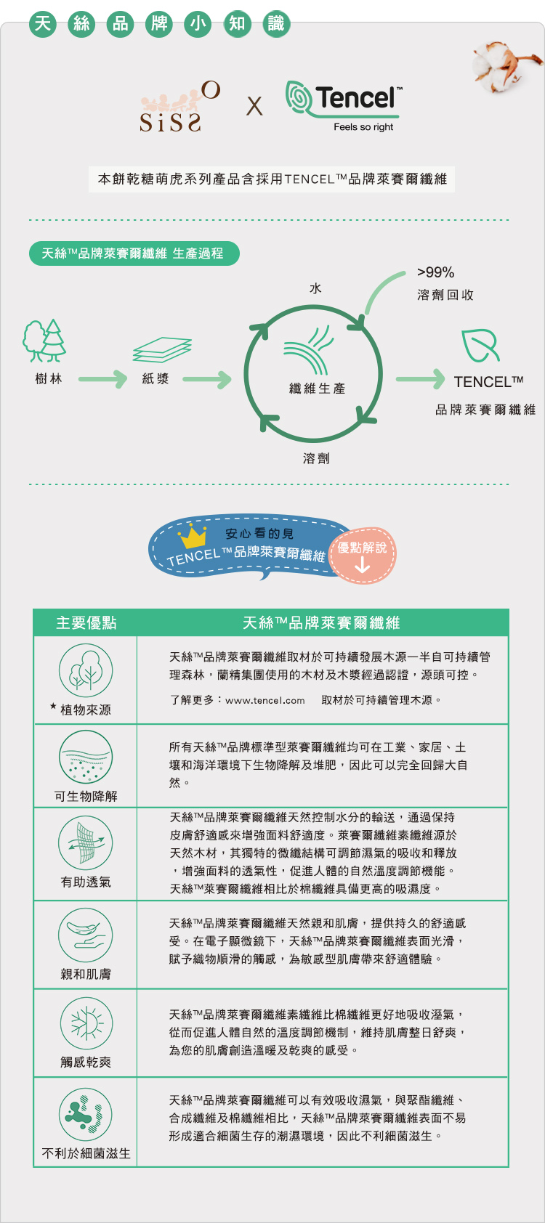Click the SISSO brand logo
point(180,107)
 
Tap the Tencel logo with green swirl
point(344,106)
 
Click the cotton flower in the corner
point(505,65)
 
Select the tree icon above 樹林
point(44,341)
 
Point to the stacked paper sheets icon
point(162,349)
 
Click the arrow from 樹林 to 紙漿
point(102,379)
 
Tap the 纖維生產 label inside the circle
point(318,389)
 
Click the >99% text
point(436,272)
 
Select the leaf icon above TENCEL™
point(480,345)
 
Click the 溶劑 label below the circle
point(316,458)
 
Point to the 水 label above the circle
point(315,288)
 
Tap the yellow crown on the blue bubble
point(193,536)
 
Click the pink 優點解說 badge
point(362,556)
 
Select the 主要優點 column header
point(86,622)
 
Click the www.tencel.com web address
point(265,701)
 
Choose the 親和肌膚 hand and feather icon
point(86,935)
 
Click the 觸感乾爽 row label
point(86,1062)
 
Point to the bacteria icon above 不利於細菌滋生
point(86,1115)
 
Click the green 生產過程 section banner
point(134,253)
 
